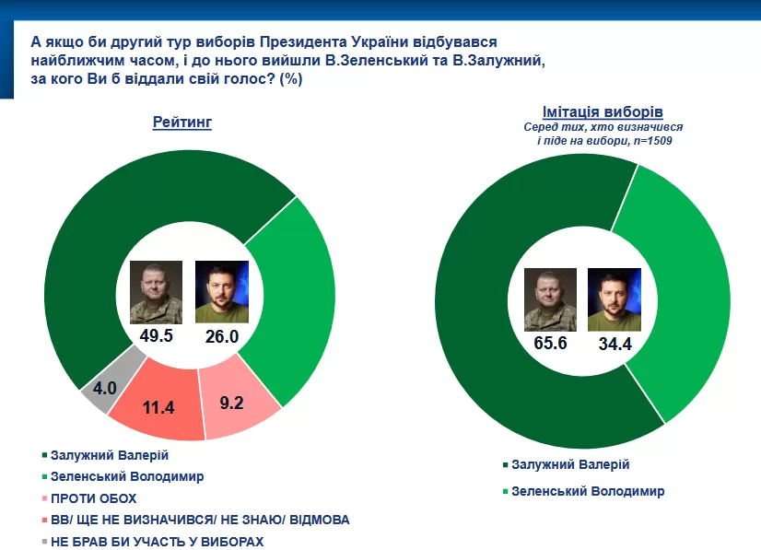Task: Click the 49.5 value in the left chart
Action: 157,336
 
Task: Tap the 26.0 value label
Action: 221,336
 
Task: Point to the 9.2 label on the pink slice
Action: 232,402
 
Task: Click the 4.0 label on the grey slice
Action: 104,387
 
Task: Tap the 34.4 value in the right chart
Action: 614,345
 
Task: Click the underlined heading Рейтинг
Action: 182,123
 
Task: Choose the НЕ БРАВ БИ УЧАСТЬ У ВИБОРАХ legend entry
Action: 158,542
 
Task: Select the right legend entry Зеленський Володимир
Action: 588,491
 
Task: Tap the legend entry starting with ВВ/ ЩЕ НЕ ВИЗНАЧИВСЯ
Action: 200,520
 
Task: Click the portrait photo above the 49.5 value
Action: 156,290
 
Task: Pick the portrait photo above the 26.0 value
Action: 221,290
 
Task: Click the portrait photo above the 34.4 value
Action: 614,299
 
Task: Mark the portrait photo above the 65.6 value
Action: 550,299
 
